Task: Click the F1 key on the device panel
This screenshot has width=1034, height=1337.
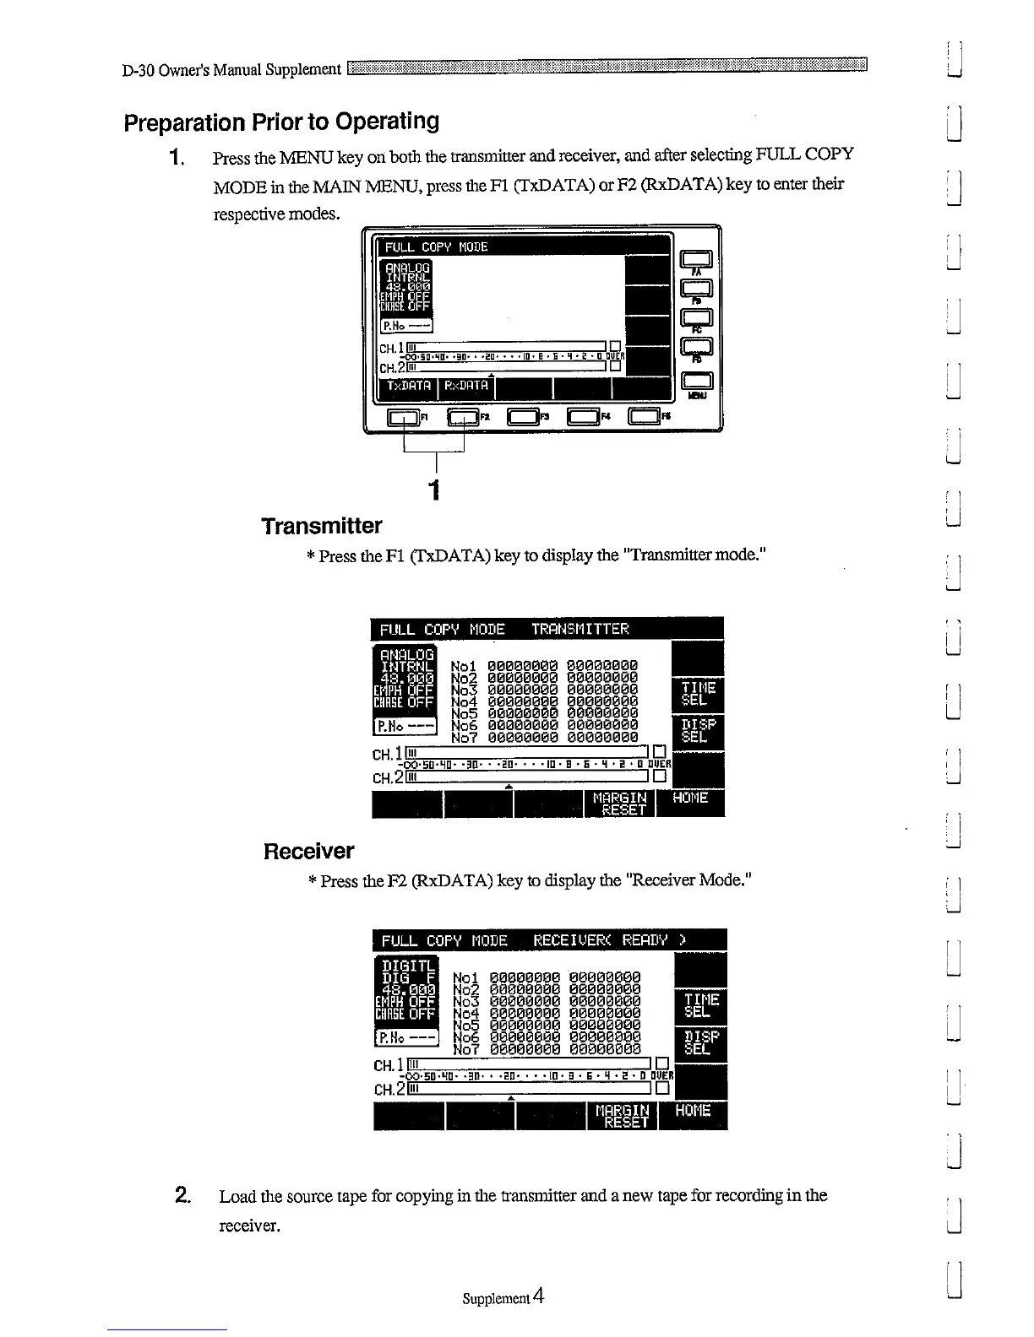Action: click(x=403, y=416)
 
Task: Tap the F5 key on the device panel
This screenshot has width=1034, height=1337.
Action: click(x=645, y=416)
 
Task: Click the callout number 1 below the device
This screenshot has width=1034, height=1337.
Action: click(x=434, y=490)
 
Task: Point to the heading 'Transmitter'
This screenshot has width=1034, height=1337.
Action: click(x=321, y=527)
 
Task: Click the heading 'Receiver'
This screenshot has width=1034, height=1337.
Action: click(x=308, y=851)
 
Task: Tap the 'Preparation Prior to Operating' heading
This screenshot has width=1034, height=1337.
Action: click(x=281, y=122)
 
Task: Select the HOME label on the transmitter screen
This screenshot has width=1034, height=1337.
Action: click(x=690, y=798)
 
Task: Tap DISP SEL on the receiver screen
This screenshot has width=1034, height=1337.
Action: click(x=701, y=1042)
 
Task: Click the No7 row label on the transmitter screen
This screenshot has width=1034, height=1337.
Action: click(x=464, y=736)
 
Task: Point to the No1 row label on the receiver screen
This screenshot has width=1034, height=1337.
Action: click(x=466, y=977)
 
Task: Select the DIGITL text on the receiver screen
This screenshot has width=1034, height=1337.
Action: click(x=408, y=966)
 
